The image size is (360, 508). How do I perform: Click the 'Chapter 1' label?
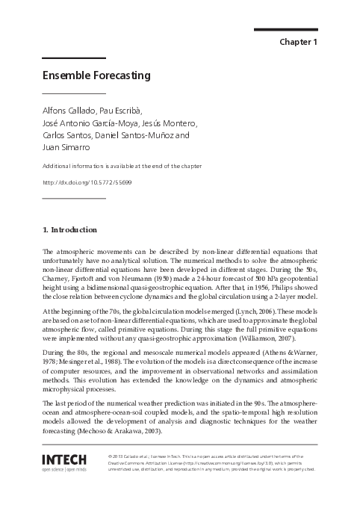[299, 42]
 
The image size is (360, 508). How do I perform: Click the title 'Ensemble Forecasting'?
[96, 75]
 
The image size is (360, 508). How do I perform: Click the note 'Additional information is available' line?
[122, 165]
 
